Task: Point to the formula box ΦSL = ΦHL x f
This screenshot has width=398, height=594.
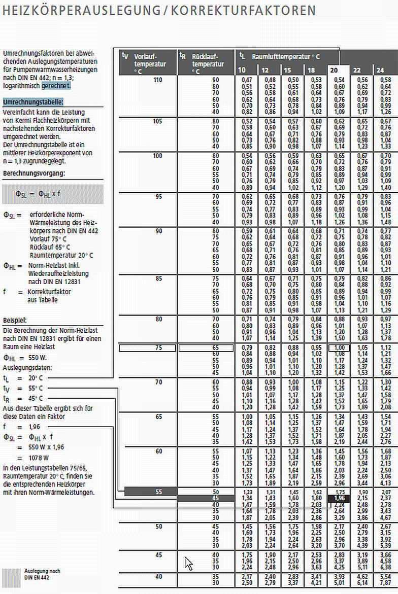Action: [53, 194]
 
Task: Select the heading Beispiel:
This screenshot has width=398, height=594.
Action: [15, 321]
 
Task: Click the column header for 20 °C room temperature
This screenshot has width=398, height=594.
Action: [335, 70]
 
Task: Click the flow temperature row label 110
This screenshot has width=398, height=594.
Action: [157, 80]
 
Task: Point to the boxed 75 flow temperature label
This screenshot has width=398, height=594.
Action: [157, 348]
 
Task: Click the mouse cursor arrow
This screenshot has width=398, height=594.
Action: [188, 563]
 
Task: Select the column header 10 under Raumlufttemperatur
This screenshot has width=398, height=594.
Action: [242, 70]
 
